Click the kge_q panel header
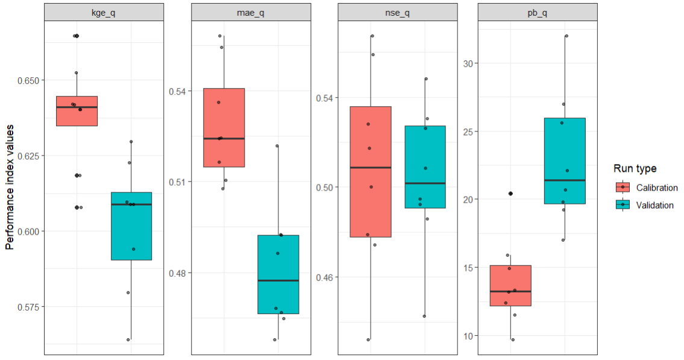point(104,12)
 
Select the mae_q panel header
point(251,12)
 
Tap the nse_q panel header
point(398,12)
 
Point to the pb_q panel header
point(538,12)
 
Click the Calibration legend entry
point(657,188)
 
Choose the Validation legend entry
point(654,205)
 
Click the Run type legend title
point(635,168)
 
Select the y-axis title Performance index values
point(10,188)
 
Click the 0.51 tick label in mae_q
point(178,182)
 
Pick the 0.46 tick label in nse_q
point(325,277)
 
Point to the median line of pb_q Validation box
point(565,180)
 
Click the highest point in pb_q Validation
point(566,36)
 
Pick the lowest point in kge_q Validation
point(128,339)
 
